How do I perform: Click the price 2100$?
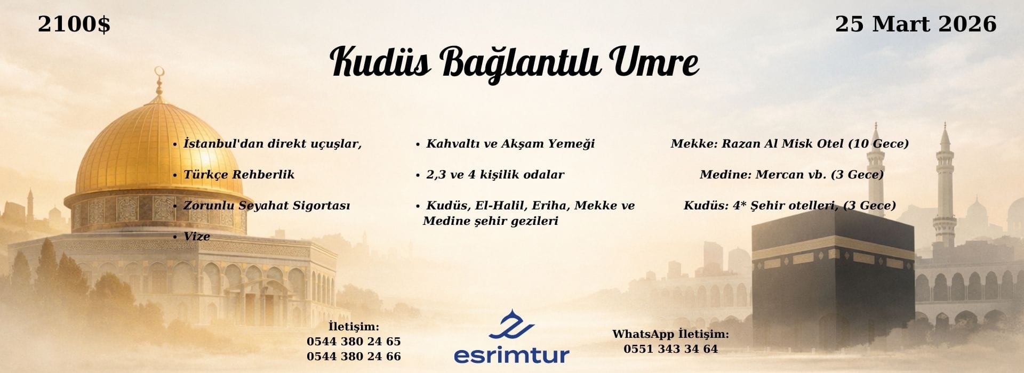(x=74, y=25)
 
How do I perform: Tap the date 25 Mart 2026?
(x=915, y=25)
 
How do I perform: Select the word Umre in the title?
(x=656, y=62)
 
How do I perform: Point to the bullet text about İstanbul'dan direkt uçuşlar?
(x=273, y=144)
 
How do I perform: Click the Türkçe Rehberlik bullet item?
(x=239, y=175)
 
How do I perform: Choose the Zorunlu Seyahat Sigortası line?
(x=267, y=206)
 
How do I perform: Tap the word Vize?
(x=197, y=237)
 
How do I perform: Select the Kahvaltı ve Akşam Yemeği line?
(x=510, y=144)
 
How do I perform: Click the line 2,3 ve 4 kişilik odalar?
(x=495, y=175)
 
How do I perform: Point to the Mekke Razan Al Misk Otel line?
(x=790, y=144)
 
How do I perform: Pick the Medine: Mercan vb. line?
(x=791, y=175)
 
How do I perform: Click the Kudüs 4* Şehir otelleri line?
(x=790, y=206)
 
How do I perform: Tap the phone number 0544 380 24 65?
(x=354, y=342)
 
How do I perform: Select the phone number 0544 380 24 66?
(x=354, y=356)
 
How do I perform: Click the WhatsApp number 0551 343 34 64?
(x=670, y=349)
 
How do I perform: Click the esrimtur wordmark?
(x=511, y=354)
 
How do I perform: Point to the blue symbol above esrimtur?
(x=511, y=325)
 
